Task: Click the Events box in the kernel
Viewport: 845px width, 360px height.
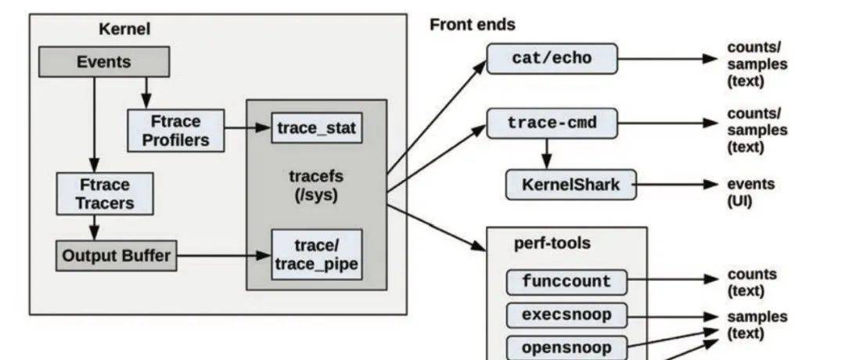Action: pyautogui.click(x=103, y=62)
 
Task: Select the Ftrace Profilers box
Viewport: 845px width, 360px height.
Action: pyautogui.click(x=175, y=131)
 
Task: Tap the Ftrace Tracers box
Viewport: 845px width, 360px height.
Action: pyautogui.click(x=105, y=194)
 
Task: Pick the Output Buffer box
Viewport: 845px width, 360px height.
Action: pyautogui.click(x=117, y=256)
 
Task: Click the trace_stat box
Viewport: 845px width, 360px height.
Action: pyautogui.click(x=317, y=128)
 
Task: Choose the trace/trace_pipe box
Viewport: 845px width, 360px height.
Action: pyautogui.click(x=317, y=254)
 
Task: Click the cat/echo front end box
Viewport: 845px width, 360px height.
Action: pyautogui.click(x=552, y=59)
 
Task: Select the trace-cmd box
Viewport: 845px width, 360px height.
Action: pyautogui.click(x=552, y=123)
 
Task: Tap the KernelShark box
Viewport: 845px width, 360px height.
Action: pyautogui.click(x=571, y=185)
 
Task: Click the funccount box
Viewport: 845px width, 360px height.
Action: pyautogui.click(x=566, y=281)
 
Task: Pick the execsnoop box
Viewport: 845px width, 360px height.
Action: pyautogui.click(x=566, y=315)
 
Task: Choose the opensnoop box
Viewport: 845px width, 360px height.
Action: pyautogui.click(x=566, y=347)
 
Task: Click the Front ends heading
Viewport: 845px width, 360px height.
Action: pyautogui.click(x=473, y=24)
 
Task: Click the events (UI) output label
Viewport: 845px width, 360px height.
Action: pyautogui.click(x=751, y=193)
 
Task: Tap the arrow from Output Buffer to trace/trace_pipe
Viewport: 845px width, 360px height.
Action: pyautogui.click(x=224, y=255)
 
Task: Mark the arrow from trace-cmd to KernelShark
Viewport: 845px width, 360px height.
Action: pyautogui.click(x=548, y=152)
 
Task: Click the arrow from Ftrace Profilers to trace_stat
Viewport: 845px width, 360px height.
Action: pyautogui.click(x=247, y=129)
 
